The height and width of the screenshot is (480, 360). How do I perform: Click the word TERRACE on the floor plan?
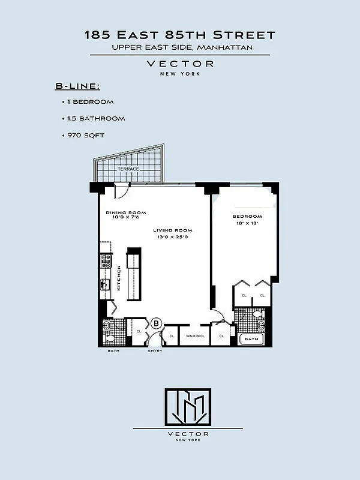tap(128, 169)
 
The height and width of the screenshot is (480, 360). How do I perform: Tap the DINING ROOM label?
tap(126, 212)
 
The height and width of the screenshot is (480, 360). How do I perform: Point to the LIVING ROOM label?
tap(172, 230)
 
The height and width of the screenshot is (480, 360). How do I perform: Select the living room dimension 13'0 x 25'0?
tap(172, 236)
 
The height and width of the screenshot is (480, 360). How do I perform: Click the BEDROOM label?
tap(248, 216)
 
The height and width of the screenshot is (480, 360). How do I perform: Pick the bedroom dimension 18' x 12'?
tap(248, 223)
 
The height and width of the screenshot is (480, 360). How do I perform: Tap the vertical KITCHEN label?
tap(119, 278)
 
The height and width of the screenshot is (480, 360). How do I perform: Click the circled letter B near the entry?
tap(156, 323)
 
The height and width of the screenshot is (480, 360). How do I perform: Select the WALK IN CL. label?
tap(196, 336)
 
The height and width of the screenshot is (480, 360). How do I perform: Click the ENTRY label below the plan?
tap(155, 351)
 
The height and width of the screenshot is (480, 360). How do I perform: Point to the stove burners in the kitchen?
tap(106, 260)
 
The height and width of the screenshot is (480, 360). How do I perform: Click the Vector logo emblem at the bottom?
tap(188, 406)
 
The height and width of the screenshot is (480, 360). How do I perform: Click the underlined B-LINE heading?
tap(77, 87)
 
